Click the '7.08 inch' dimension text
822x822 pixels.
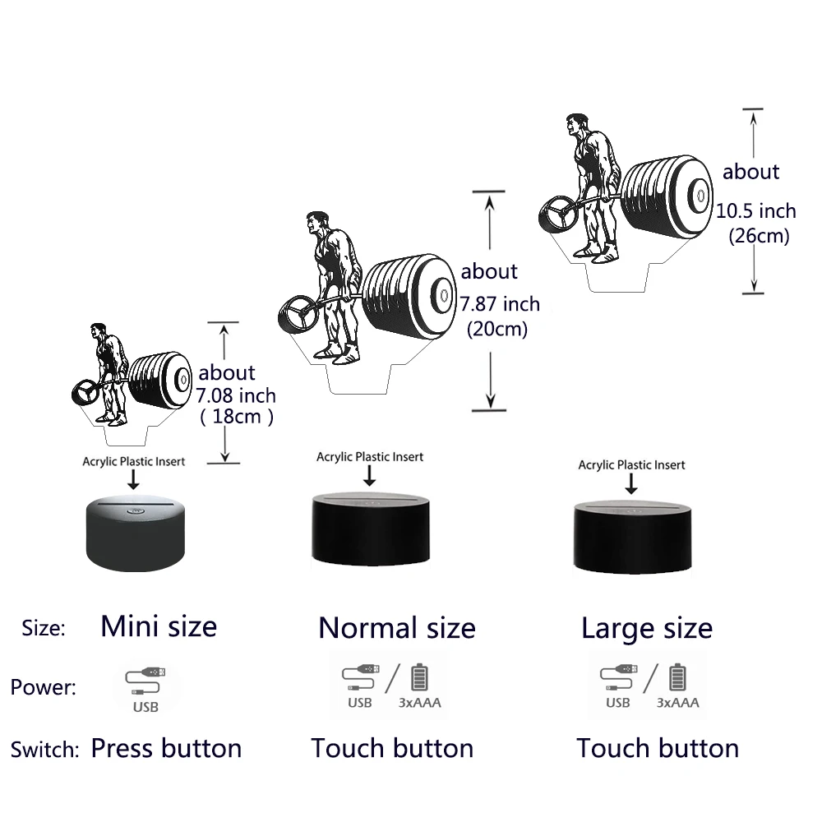click(236, 395)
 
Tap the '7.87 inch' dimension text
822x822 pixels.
click(500, 304)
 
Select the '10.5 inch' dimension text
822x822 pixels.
click(756, 211)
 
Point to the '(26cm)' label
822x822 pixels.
click(759, 235)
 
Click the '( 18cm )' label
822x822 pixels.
click(237, 416)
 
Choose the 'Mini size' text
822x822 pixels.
click(159, 626)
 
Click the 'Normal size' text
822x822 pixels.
click(397, 627)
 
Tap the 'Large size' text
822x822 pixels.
click(647, 628)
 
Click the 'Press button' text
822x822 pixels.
click(166, 748)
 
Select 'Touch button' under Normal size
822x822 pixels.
click(392, 748)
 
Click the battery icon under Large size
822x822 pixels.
click(677, 677)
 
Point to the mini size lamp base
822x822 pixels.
click(136, 534)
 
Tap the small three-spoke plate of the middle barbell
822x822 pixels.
click(298, 315)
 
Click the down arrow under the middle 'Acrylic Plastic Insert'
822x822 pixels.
click(370, 475)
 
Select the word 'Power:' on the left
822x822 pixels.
click(44, 687)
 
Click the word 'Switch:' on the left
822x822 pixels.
click(44, 750)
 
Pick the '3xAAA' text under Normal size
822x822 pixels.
click(419, 703)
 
